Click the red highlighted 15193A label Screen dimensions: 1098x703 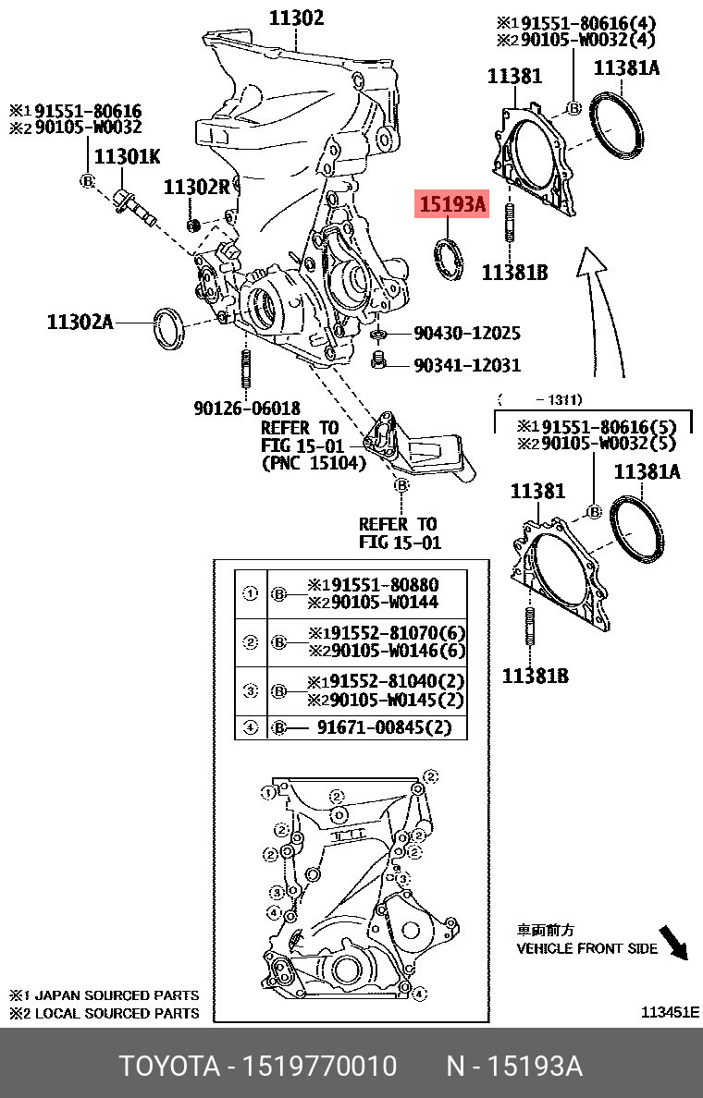click(x=450, y=204)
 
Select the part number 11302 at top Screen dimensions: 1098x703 click(x=296, y=17)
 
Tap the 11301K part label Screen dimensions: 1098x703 click(x=127, y=157)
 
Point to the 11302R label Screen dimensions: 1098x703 click(x=196, y=187)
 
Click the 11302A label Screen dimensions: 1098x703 click(x=80, y=322)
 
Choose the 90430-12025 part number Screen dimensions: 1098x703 click(x=466, y=333)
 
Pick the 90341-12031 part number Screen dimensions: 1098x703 click(x=466, y=365)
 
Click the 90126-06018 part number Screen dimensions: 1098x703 click(x=247, y=407)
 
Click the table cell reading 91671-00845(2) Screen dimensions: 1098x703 click(x=384, y=727)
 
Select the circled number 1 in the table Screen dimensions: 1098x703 click(x=250, y=594)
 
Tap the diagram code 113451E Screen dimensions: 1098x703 click(x=671, y=1012)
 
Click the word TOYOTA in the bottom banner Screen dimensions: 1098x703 click(x=167, y=1067)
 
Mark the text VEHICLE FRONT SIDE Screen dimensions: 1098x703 click(x=586, y=948)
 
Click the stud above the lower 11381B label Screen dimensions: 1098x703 click(x=530, y=631)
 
